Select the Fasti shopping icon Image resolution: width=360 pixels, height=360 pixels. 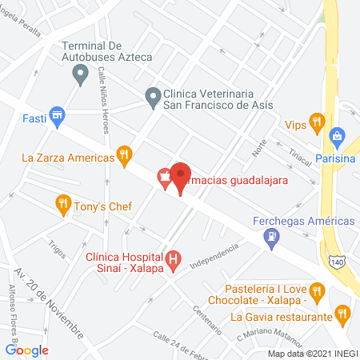pyautogui.click(x=55, y=117)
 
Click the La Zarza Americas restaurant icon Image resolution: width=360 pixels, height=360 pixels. pyautogui.click(x=123, y=156)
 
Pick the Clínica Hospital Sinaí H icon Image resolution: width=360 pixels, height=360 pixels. pyautogui.click(x=172, y=259)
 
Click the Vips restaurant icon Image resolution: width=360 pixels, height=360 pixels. pyautogui.click(x=317, y=123)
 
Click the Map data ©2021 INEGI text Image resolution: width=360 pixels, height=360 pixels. pyautogui.click(x=313, y=354)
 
